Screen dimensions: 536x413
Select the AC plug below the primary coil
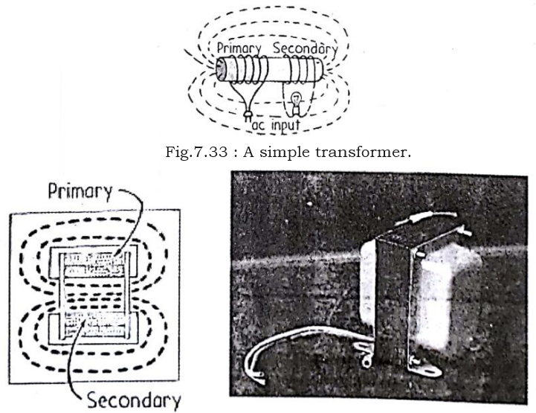pyautogui.click(x=247, y=116)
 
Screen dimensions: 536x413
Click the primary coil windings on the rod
pyautogui.click(x=249, y=71)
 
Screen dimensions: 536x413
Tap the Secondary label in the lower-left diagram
pyautogui.click(x=135, y=400)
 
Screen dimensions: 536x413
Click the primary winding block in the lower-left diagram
pyautogui.click(x=93, y=265)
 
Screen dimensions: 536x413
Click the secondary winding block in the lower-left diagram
pyautogui.click(x=93, y=325)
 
